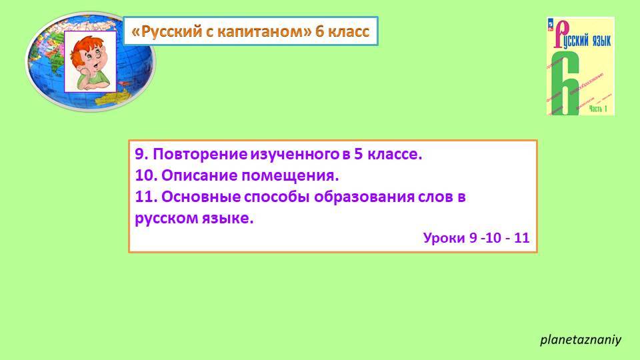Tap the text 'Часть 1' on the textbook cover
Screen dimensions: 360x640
[x=596, y=110]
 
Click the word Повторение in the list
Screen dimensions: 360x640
[x=200, y=155]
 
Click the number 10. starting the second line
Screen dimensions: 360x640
[x=145, y=176]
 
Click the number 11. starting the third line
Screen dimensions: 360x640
[x=145, y=198]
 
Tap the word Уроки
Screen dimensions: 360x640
[x=444, y=237]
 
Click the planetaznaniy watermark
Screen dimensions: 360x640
[x=580, y=339]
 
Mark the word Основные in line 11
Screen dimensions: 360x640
[x=193, y=198]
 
